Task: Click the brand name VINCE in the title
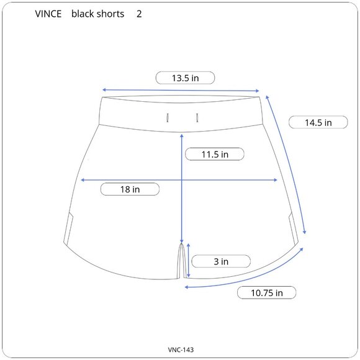48,14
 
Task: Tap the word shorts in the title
110,14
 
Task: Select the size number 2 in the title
139,14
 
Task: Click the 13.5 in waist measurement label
186,78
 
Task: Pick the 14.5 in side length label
318,122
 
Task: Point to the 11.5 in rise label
215,155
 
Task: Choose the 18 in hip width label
130,189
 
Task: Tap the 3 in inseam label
221,261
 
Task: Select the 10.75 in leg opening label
266,293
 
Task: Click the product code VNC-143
181,349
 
